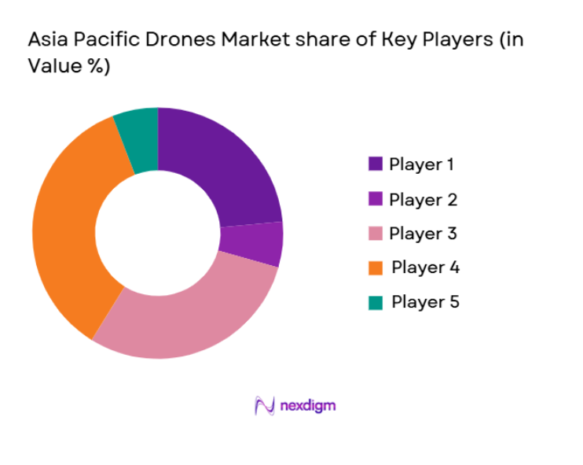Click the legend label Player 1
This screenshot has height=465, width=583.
421,165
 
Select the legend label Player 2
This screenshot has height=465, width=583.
423,200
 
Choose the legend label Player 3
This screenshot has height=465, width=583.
423,234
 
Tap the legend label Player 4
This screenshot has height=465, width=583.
425,268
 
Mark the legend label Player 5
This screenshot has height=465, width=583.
425,301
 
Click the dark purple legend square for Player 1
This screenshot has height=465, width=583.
375,165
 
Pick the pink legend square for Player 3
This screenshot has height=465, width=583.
375,234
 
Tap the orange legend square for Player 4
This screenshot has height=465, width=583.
375,268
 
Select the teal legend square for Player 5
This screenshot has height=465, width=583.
375,301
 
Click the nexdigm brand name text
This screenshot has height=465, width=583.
307,406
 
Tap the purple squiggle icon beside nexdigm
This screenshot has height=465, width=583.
265,406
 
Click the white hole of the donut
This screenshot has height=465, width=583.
157,233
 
